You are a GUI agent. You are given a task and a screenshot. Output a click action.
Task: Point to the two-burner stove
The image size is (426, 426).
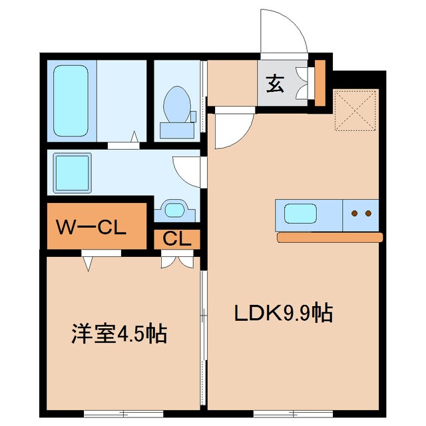[361, 214]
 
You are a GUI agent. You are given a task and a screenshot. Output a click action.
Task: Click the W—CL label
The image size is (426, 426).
[91, 228]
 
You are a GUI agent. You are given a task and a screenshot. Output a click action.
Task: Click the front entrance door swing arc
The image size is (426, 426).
[283, 33]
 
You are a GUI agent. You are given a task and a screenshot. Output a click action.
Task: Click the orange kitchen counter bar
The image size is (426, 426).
[330, 237]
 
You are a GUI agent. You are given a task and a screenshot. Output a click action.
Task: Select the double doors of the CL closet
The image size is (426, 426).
[174, 260]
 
